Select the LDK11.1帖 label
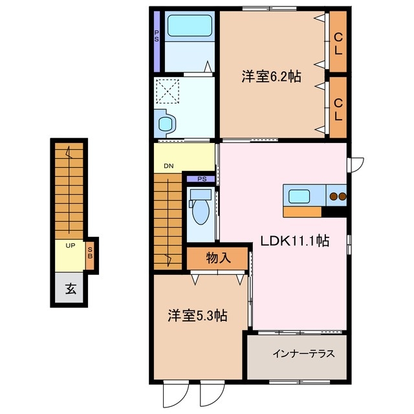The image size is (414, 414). (295, 241)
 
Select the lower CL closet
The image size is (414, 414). (338, 107)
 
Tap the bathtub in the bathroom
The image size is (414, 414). (190, 27)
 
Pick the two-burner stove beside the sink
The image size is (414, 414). (337, 196)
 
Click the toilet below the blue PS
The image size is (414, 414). (200, 208)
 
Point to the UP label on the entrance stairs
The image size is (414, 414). (70, 245)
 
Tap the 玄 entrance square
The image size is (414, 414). (70, 289)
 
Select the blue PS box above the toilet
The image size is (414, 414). (201, 179)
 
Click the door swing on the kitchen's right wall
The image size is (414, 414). (356, 164)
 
